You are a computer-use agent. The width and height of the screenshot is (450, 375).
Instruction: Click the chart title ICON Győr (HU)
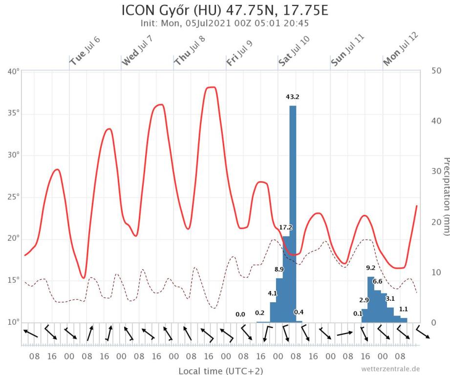[x=225, y=10]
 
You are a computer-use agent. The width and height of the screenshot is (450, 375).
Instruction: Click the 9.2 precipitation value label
[x=370, y=268]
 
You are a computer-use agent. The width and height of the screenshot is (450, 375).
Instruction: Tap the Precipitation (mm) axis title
[x=445, y=196]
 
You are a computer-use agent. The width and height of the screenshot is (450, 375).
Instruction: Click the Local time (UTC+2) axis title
[x=220, y=371]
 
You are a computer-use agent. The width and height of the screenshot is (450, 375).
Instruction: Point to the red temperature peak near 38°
[x=211, y=88]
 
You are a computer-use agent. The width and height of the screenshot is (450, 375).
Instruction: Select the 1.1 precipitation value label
[x=403, y=309]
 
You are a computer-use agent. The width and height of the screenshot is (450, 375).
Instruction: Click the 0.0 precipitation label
[x=240, y=315]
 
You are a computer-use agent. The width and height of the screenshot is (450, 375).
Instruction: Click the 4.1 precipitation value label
[x=273, y=293]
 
